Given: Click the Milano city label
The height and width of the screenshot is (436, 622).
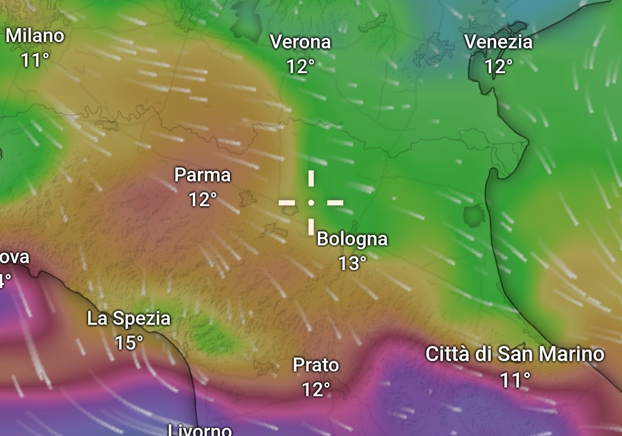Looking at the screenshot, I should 35,36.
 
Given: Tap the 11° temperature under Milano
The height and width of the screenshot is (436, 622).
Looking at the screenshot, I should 35,59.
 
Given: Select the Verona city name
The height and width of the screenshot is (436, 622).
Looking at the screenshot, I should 300,42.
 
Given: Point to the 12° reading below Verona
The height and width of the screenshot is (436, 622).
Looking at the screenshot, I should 300,67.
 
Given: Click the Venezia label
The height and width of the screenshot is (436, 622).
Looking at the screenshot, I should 498,42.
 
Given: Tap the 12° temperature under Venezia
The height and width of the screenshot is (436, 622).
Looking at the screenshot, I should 498,67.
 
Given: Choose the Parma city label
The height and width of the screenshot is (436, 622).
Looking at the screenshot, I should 202,175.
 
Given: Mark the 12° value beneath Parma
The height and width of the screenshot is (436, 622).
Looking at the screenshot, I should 202,200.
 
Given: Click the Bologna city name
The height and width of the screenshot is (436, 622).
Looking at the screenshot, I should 352,238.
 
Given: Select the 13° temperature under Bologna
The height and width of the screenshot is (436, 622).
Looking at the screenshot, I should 352,263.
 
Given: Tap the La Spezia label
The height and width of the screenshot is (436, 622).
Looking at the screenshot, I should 128,319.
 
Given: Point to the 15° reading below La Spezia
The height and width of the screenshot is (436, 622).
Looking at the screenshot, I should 128,343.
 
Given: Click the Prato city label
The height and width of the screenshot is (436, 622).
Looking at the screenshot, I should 316,365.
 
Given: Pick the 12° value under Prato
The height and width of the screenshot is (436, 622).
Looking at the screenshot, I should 316,390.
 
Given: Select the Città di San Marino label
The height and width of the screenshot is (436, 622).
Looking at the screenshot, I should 515,354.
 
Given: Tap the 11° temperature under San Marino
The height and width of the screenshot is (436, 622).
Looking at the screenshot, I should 515,380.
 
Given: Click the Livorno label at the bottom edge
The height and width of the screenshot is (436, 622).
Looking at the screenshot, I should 200,430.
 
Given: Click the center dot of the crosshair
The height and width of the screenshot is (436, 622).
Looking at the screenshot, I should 311,203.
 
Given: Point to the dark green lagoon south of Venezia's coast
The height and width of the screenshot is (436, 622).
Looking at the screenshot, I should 474,216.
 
